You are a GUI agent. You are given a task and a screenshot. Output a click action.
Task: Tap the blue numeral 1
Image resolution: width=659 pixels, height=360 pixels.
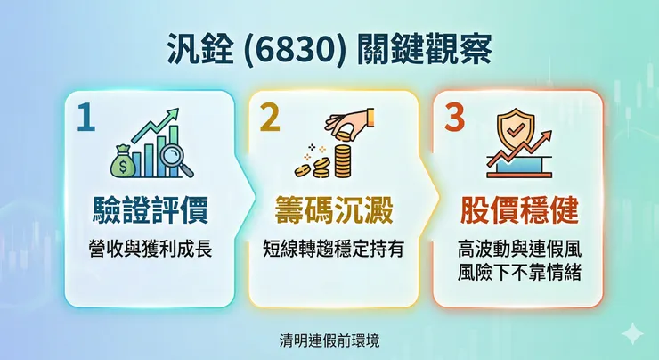coord(85,119)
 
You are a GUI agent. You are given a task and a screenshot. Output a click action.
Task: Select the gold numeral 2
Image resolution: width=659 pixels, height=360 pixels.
coord(269,119)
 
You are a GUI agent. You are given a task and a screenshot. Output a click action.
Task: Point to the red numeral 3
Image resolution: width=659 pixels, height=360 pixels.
coord(454,119)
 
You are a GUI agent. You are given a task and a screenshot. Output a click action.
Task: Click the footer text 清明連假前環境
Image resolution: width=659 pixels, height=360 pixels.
coord(329,340)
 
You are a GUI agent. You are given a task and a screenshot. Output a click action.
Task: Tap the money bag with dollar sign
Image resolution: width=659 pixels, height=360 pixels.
coord(122,164)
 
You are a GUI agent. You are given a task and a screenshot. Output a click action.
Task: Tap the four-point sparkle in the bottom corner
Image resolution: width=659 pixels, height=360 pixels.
coord(632,334)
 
